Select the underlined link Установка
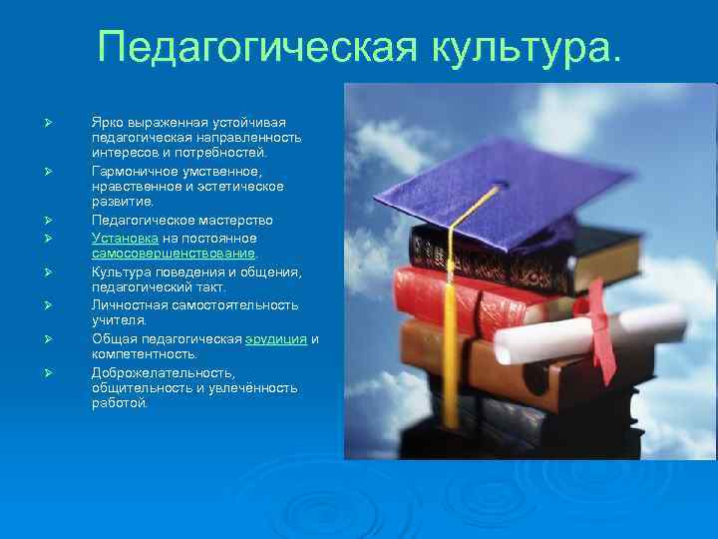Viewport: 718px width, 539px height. [125, 238]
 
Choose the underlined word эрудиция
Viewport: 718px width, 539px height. [276, 338]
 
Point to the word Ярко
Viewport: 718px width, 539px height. [108, 120]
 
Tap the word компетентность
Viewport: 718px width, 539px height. [145, 354]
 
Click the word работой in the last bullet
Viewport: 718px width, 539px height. [119, 404]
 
